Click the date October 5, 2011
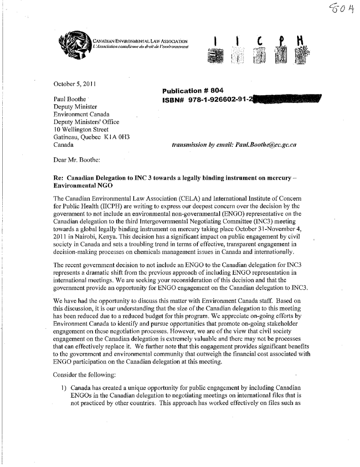click(73, 84)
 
